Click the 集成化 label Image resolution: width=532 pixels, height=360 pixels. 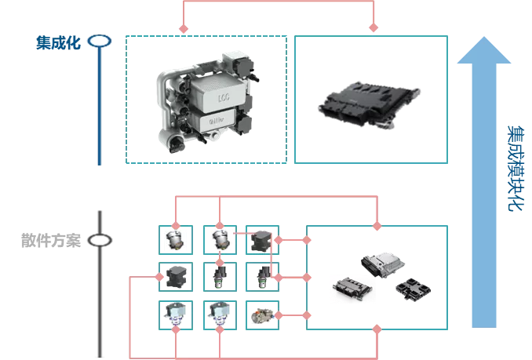tap(58, 42)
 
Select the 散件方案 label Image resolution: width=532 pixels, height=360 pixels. tap(50, 240)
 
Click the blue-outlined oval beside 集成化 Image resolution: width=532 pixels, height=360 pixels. tap(100, 42)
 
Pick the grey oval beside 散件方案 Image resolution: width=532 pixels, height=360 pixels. tap(100, 240)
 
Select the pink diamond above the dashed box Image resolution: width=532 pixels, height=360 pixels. tap(184, 28)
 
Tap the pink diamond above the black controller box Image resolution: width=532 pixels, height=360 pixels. tap(374, 28)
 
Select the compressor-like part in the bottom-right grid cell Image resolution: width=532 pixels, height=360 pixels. tap(261, 315)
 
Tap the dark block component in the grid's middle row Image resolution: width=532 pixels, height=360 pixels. tap(175, 275)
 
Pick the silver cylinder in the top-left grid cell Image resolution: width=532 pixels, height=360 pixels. tap(174, 239)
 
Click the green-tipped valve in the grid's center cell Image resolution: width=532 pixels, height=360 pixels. tap(219, 276)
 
